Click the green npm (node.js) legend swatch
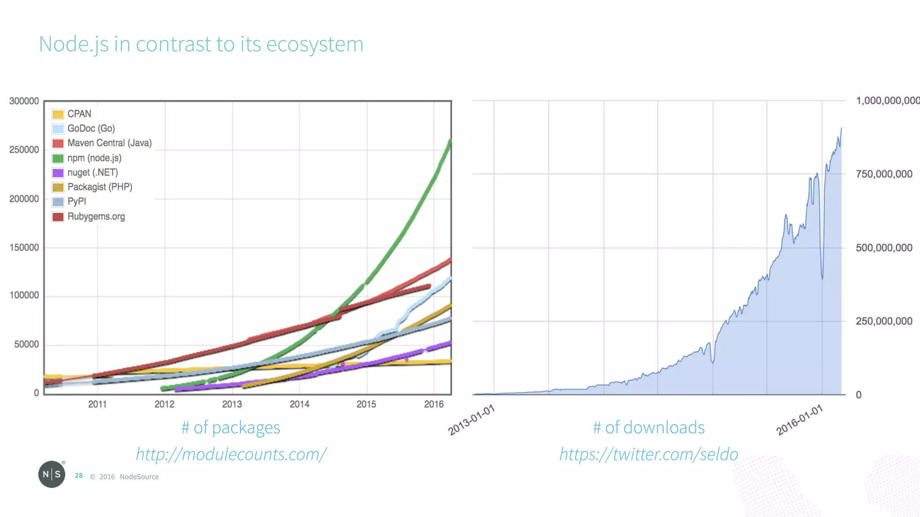pos(58,158)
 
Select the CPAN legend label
pos(79,114)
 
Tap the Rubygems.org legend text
pos(96,216)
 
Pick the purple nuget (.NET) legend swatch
pos(58,173)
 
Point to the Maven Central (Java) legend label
pos(110,143)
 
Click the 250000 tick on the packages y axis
pos(24,149)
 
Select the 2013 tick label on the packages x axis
pos(232,404)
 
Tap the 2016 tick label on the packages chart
pos(434,404)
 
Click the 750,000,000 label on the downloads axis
pos(884,174)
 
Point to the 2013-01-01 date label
pos(472,420)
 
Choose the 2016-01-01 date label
pos(800,420)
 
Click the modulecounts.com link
pos(231,454)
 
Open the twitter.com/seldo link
pos(648,454)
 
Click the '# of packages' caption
pos(230,428)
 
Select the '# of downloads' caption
pos(649,428)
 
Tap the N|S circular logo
pos(52,474)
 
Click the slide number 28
pos(79,476)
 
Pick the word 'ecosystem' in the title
pos(314,44)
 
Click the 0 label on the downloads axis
pos(858,395)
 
